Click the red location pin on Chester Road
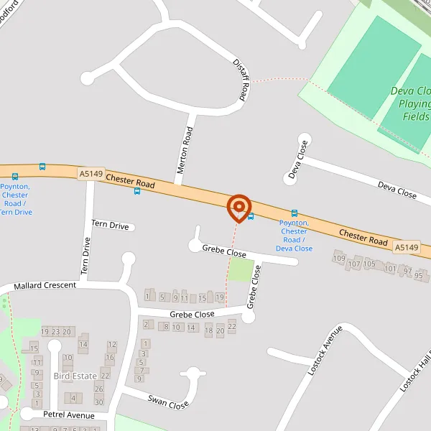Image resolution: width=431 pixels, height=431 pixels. (x=238, y=208)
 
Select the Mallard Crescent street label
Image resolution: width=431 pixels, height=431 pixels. (x=45, y=285)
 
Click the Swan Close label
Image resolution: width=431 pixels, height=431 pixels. (x=168, y=402)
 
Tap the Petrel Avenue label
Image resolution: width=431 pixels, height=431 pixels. (x=69, y=415)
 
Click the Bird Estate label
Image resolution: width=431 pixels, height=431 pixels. (x=75, y=376)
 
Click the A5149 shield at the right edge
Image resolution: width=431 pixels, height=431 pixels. (x=406, y=247)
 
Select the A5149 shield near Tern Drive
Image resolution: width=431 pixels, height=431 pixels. (x=91, y=173)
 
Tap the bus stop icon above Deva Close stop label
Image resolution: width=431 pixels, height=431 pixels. (x=294, y=213)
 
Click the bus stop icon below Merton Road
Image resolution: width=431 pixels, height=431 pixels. (x=136, y=191)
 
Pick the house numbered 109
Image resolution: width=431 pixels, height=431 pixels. (x=339, y=259)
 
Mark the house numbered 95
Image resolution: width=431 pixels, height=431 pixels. (x=419, y=274)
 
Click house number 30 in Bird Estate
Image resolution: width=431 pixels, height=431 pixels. (x=99, y=402)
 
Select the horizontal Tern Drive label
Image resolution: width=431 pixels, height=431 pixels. (x=111, y=226)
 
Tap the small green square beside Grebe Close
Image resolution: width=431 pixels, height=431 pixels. (x=241, y=271)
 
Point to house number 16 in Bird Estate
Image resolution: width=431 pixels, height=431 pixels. (x=110, y=357)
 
